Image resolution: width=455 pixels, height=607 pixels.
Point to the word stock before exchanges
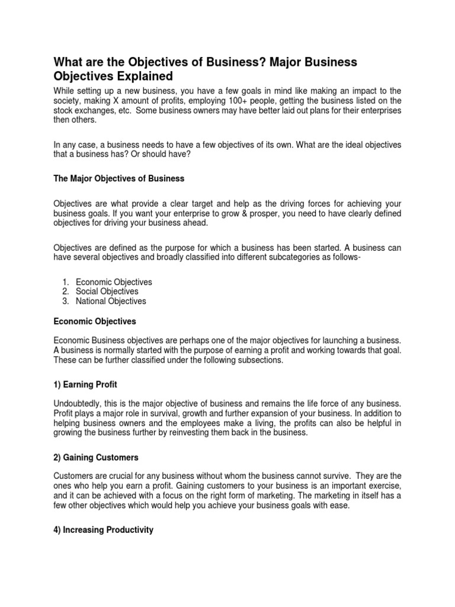pos(65,110)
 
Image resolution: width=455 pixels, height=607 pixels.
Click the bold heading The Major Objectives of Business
pos(119,178)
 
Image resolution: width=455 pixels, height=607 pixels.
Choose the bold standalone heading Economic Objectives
pos(95,321)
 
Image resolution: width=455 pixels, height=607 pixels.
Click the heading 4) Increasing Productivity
pos(104,530)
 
